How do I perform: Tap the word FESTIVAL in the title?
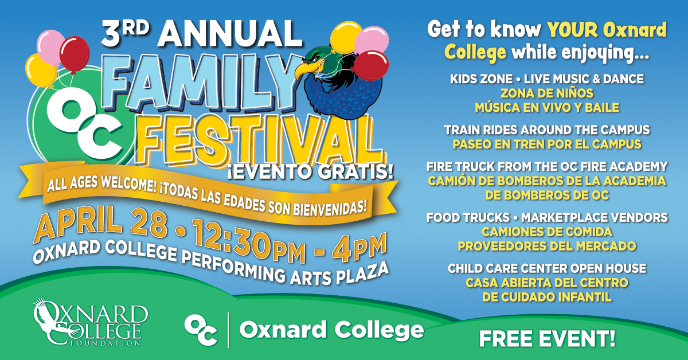[258, 140]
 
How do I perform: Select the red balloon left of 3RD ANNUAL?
[75, 54]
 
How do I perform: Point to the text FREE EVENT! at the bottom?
[547, 338]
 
